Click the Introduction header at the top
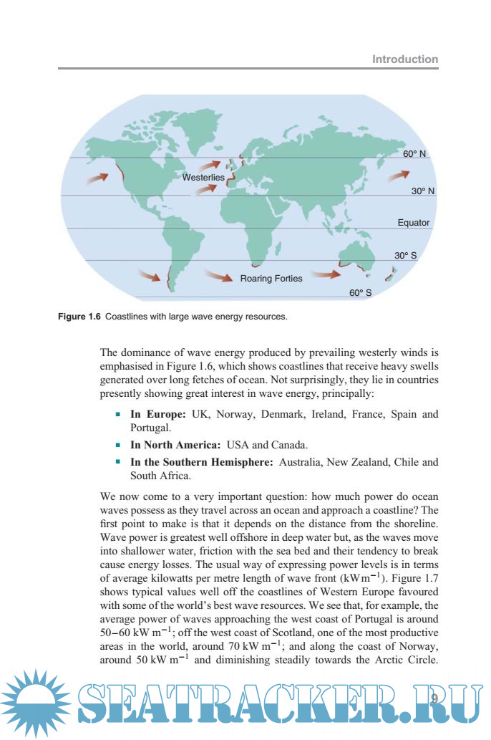405,59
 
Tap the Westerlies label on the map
203,177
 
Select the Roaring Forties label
271,278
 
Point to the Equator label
414,222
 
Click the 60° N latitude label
414,154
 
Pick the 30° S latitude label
405,255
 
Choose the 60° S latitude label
360,292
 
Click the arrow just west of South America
149,274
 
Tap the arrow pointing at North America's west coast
97,176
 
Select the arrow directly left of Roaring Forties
218,274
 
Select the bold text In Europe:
158,415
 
